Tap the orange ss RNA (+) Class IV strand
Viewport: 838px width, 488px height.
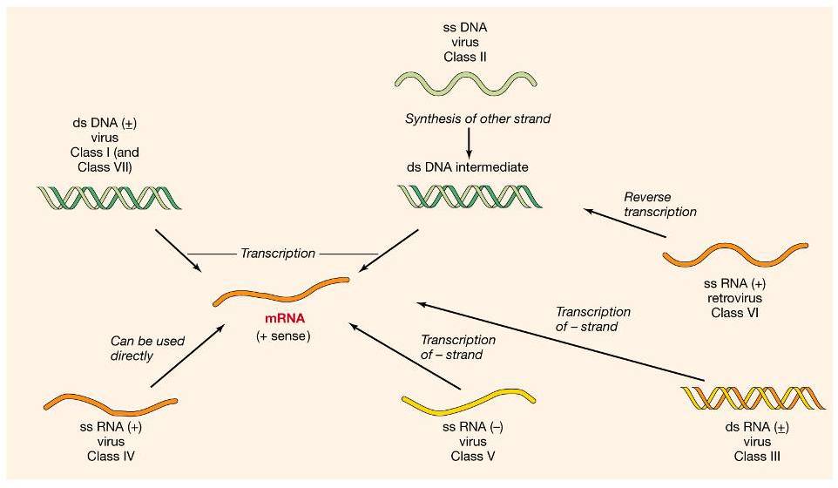tap(111, 404)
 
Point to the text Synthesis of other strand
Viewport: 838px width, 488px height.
tap(477, 119)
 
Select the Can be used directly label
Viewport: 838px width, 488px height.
tap(147, 349)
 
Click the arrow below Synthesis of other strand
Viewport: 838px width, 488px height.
tap(470, 141)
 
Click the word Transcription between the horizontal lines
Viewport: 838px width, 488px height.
tap(278, 254)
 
